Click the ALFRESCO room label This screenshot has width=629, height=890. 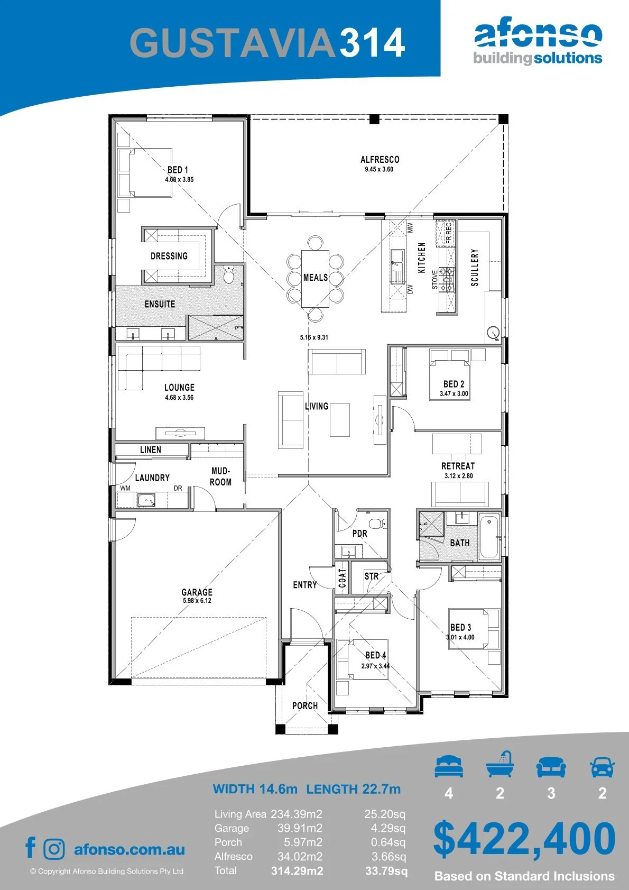coord(380,160)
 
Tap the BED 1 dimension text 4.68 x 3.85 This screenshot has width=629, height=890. coord(180,180)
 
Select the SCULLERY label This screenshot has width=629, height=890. coord(475,268)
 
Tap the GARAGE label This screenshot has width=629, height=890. coord(197,592)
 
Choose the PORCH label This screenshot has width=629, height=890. coord(305,705)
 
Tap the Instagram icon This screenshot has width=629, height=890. coord(53,849)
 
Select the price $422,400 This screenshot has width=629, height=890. coord(524,839)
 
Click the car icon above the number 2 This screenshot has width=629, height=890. coord(603,766)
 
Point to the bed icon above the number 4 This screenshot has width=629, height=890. coord(449,766)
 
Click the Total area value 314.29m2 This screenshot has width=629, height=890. coord(297,871)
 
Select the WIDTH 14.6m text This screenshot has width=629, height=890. coord(255,788)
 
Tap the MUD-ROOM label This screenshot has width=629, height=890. coord(221,476)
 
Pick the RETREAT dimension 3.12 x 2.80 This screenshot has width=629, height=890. coord(459,475)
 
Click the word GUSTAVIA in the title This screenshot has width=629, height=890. coord(233,42)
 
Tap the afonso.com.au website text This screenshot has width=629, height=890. coord(129,849)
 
